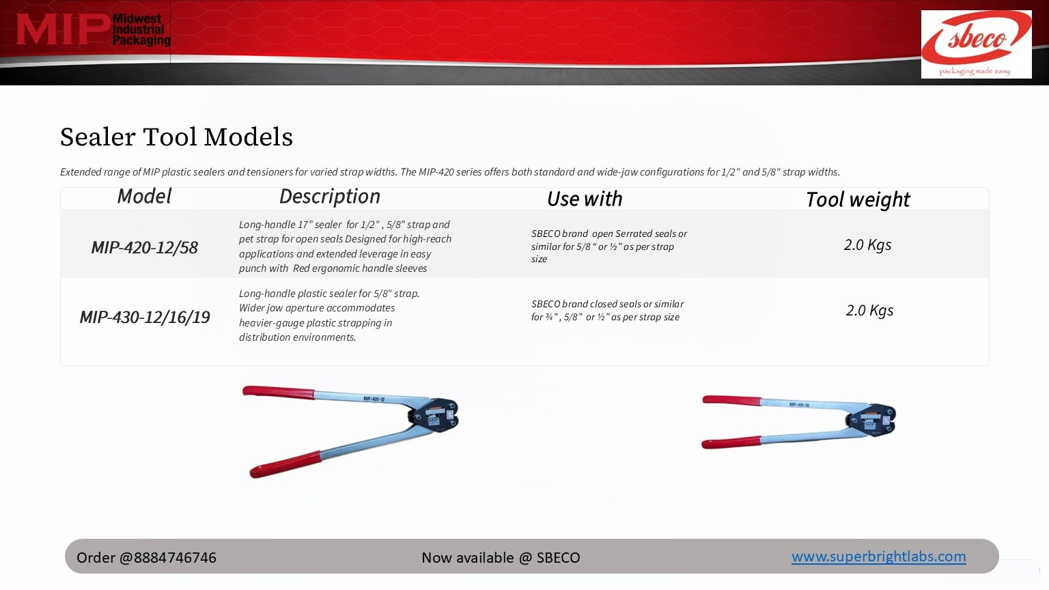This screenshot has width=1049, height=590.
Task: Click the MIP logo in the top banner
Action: pos(93,29)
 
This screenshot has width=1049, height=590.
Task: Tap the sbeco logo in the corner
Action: pos(976,44)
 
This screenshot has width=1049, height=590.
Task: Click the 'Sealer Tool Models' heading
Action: pos(176,137)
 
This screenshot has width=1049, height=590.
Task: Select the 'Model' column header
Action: pos(144,196)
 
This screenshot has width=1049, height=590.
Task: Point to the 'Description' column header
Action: pos(330,197)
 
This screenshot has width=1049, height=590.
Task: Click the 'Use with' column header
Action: pos(585,199)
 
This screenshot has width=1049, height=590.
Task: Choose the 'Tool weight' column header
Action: pos(858,200)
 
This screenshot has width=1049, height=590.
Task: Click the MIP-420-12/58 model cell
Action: pos(144,247)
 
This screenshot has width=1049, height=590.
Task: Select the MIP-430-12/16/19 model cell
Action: pos(145,317)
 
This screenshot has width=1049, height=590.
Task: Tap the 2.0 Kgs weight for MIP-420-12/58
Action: pos(867,245)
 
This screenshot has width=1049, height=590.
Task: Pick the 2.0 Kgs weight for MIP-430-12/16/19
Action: pos(869,311)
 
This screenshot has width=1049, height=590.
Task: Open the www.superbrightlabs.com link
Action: pos(878,557)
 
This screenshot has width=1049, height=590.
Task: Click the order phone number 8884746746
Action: pos(175,558)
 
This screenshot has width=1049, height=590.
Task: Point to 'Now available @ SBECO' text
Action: pos(501,558)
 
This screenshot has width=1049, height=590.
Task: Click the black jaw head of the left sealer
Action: pos(434,415)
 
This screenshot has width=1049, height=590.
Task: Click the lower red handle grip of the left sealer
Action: pos(285,464)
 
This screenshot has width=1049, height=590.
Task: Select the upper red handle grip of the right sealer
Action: pos(731,400)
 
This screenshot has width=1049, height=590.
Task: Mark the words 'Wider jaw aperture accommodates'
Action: pos(317,308)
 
